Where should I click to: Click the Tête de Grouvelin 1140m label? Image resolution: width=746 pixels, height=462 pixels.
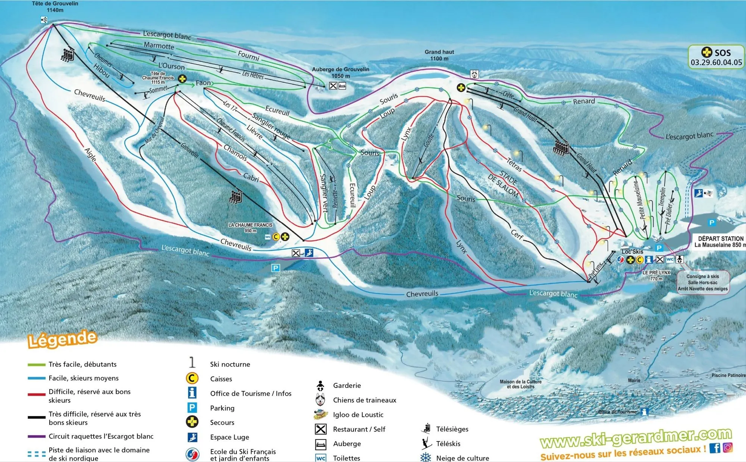(55, 7)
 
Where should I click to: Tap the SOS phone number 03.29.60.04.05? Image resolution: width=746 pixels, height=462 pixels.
(716, 62)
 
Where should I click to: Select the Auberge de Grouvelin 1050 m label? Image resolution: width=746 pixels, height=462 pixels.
(340, 72)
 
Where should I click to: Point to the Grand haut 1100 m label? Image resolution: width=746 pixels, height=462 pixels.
(439, 55)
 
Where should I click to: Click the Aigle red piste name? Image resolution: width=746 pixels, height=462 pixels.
(91, 154)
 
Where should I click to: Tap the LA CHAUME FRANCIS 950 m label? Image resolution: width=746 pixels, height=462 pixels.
(250, 228)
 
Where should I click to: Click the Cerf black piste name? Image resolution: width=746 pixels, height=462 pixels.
(517, 234)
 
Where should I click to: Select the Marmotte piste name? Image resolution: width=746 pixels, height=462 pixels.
(159, 46)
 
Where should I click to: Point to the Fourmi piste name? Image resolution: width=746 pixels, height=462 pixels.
(248, 56)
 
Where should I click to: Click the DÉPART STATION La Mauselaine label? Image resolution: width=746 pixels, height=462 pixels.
(720, 241)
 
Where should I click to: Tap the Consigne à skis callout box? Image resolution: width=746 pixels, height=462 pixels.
(703, 282)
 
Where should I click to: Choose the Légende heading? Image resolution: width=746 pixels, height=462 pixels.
(62, 339)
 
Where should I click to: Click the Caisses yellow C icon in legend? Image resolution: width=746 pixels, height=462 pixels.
(192, 378)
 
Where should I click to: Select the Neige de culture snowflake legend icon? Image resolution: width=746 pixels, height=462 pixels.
(426, 458)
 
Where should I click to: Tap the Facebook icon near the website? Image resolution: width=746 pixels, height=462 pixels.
(715, 448)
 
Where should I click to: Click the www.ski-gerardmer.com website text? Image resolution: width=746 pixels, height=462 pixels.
(636, 437)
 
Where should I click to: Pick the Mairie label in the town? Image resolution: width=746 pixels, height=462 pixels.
(634, 380)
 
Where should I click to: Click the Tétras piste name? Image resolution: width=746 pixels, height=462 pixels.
(514, 164)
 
